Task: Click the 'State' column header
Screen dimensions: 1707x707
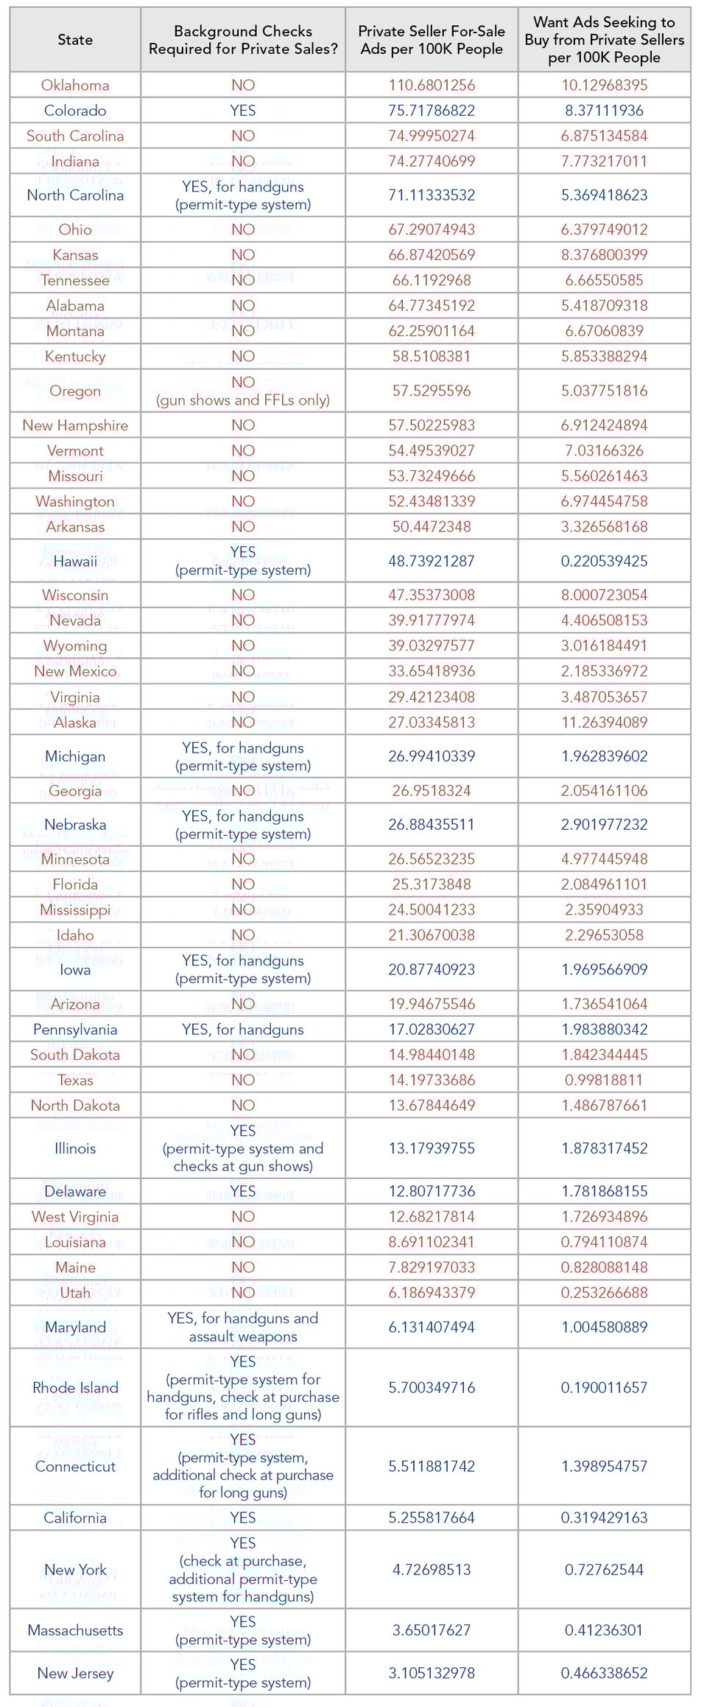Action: coord(75,40)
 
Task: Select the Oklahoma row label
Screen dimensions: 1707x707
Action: coord(75,85)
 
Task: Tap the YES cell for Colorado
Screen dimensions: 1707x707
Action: coord(243,111)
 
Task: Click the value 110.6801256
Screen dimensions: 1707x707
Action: coord(432,85)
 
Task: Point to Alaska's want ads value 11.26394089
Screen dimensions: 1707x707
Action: coord(604,722)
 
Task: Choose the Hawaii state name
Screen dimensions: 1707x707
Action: coord(75,562)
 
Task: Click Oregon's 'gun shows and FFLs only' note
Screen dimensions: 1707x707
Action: coord(243,400)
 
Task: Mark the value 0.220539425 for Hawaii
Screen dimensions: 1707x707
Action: coord(604,562)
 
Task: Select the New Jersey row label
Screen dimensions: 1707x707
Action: coord(75,1673)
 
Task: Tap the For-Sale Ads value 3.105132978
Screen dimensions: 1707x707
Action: coord(432,1673)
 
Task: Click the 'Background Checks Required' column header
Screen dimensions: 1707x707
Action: coord(243,40)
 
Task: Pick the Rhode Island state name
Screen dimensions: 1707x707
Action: coord(75,1388)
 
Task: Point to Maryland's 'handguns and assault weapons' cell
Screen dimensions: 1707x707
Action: coord(243,1327)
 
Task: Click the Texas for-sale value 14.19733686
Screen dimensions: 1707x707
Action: coord(432,1081)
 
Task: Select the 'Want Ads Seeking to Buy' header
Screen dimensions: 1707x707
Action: coord(604,40)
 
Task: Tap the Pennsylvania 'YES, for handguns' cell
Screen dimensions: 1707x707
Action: coord(243,1030)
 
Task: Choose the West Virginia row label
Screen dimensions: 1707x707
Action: coord(75,1217)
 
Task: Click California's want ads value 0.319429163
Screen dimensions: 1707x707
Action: coord(604,1518)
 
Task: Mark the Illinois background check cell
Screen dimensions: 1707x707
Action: coord(243,1148)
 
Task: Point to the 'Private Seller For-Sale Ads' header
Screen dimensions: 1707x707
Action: coord(432,40)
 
